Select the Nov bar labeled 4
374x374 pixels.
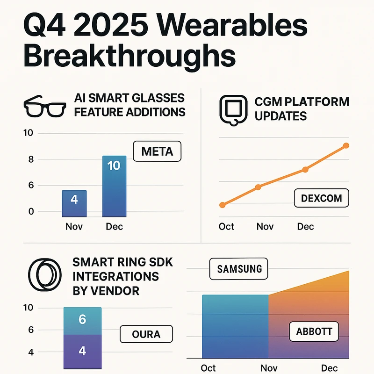[x=74, y=203]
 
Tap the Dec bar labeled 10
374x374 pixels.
[x=114, y=186]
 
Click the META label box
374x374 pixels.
[x=157, y=152]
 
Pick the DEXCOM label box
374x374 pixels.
[x=321, y=198]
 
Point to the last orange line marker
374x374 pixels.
[x=346, y=146]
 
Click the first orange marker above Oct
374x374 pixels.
[x=223, y=205]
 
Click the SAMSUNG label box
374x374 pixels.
[x=239, y=269]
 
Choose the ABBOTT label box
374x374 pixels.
[x=314, y=332]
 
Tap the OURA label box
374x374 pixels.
[x=146, y=334]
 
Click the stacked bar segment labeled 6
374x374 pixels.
[x=82, y=320]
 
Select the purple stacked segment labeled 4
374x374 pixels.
[x=82, y=351]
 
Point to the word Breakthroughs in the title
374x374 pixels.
[x=129, y=58]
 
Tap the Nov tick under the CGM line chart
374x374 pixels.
[x=265, y=227]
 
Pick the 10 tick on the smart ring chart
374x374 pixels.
[x=29, y=308]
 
